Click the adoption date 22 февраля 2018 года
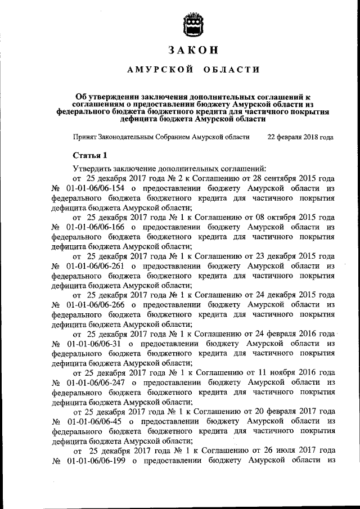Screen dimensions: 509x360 click(300, 137)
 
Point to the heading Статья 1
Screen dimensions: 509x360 click(89, 155)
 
